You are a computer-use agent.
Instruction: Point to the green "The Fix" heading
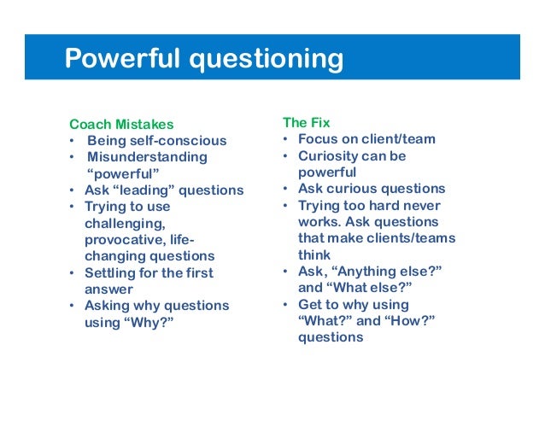point(305,122)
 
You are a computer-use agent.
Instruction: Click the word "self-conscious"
point(185,140)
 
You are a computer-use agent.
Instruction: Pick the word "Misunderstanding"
point(147,157)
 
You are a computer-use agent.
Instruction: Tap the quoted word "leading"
point(152,190)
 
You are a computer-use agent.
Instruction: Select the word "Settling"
point(111,273)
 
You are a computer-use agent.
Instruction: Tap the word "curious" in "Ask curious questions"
point(354,189)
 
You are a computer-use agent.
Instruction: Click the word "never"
point(421,206)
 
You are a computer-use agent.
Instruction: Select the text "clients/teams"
point(413,238)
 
